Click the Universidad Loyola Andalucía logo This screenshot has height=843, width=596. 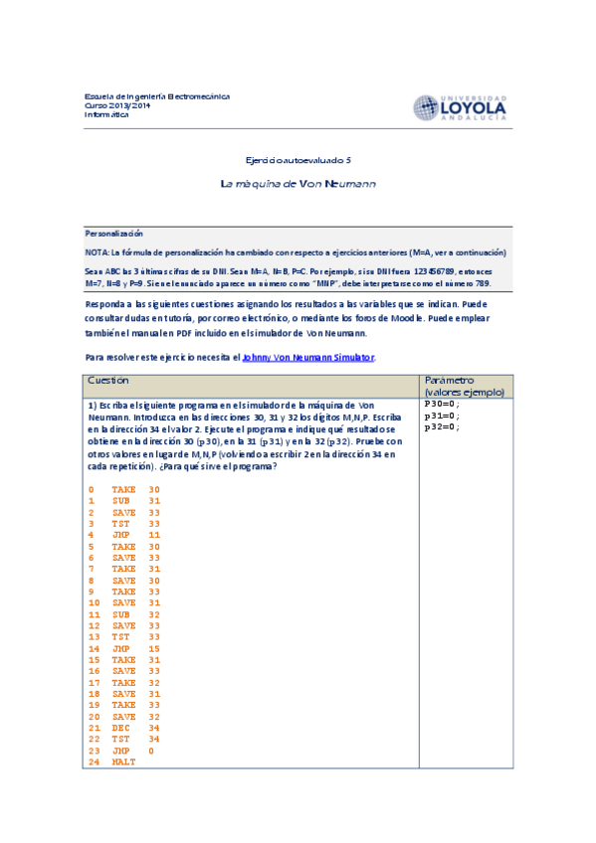461,107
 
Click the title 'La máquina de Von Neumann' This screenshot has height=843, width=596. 298,184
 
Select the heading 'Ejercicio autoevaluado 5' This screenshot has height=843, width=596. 298,159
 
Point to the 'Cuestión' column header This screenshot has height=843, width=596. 108,381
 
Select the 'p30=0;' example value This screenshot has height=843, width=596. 441,406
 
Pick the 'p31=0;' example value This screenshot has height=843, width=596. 441,417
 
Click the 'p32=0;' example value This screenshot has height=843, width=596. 441,427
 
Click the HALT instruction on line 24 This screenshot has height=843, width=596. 123,761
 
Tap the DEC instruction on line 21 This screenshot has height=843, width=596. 135,728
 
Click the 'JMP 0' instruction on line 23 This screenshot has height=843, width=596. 132,751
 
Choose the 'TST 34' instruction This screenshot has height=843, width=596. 135,739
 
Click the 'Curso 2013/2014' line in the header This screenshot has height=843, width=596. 116,105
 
